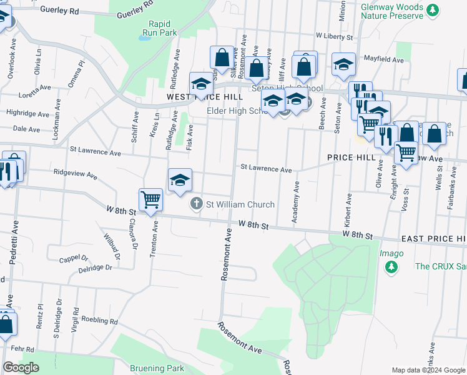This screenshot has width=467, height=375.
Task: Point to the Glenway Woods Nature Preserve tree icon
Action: [432, 9]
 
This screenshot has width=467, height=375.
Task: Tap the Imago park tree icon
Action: [391, 267]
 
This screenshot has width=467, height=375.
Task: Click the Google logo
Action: [20, 367]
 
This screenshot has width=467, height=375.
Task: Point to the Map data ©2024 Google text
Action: [428, 370]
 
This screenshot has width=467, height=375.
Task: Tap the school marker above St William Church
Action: [180, 181]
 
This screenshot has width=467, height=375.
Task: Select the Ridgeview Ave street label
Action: [76, 174]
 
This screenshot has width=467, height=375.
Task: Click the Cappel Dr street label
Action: [74, 257]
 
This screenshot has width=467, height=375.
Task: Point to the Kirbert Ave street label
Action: [347, 213]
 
